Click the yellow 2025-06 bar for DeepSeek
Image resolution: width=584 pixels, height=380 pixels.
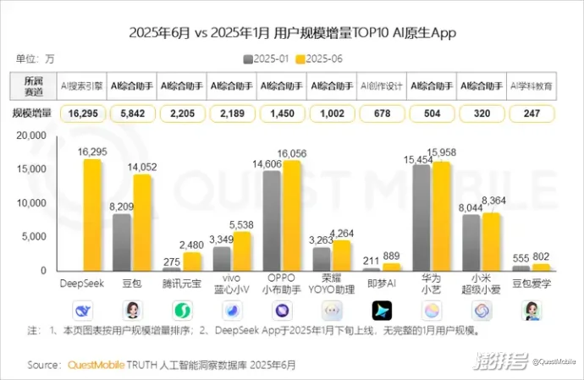(92, 215)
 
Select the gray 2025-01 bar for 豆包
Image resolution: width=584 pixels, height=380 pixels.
(122, 242)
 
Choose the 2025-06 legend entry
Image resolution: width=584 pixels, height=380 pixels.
(318, 58)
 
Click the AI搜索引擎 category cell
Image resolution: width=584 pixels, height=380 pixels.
(81, 86)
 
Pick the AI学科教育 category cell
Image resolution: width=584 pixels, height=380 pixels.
(531, 86)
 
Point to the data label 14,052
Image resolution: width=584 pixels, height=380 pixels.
(142, 168)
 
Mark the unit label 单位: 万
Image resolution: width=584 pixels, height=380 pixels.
(35, 59)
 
